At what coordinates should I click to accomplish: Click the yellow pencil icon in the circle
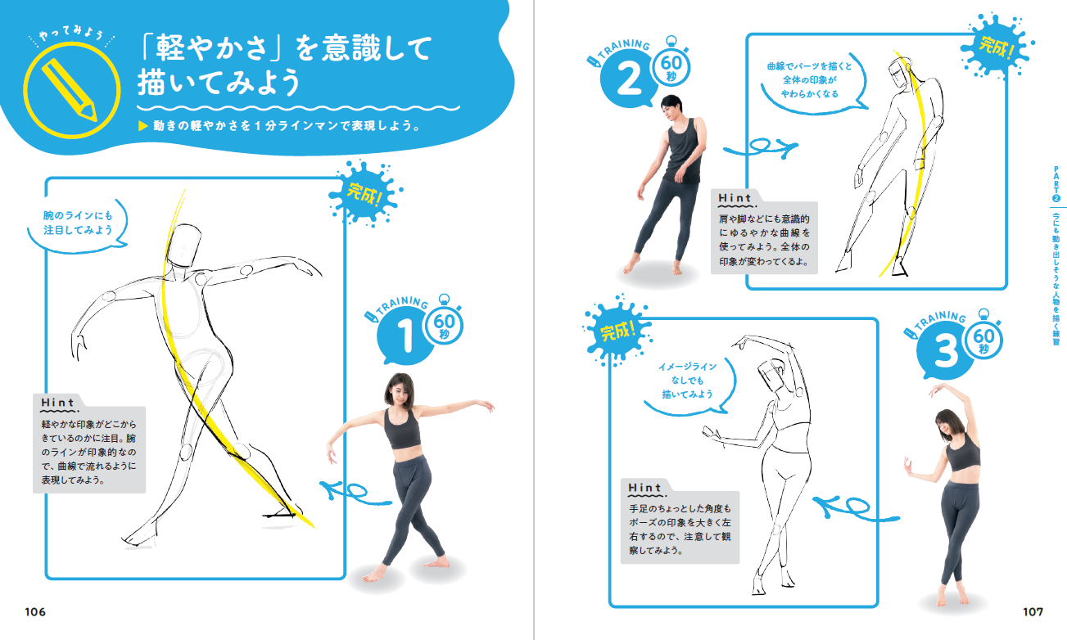pyautogui.click(x=70, y=89)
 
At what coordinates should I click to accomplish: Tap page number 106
pyautogui.click(x=35, y=612)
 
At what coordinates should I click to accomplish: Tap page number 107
pyautogui.click(x=1033, y=612)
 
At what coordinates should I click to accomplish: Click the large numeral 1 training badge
pyautogui.click(x=404, y=336)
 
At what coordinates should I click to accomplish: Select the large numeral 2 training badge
pyautogui.click(x=629, y=79)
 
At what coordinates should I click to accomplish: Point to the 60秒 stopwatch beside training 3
pyautogui.click(x=983, y=338)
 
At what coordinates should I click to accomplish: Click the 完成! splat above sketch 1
pyautogui.click(x=365, y=193)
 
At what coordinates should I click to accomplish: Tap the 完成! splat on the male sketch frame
pyautogui.click(x=997, y=46)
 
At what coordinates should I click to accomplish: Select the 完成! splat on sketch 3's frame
pyautogui.click(x=617, y=330)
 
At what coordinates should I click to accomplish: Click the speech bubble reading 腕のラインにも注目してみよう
pyautogui.click(x=78, y=223)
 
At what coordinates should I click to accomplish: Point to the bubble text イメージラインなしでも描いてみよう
pyautogui.click(x=687, y=381)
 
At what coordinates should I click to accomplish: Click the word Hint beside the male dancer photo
pyautogui.click(x=735, y=198)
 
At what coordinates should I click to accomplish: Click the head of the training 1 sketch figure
pyautogui.click(x=185, y=246)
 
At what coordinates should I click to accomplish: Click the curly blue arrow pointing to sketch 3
pyautogui.click(x=855, y=508)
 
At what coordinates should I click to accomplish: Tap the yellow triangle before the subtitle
pyautogui.click(x=143, y=126)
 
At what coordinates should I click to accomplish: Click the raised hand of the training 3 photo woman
pyautogui.click(x=937, y=390)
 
